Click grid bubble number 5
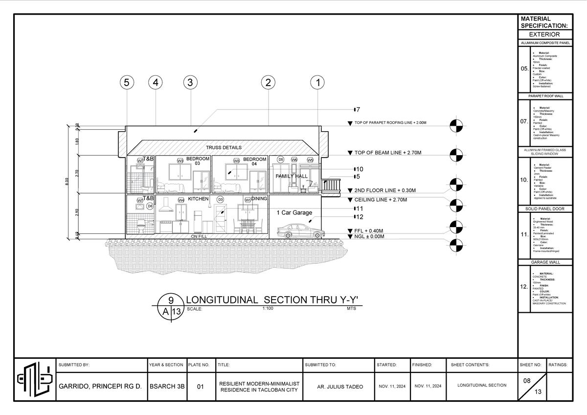click(127, 83)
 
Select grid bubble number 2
click(268, 83)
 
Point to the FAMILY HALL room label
click(292, 176)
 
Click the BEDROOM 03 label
click(198, 161)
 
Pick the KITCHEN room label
click(198, 199)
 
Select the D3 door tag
click(220, 200)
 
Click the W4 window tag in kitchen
click(181, 200)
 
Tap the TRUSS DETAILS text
click(224, 147)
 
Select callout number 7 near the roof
click(358, 109)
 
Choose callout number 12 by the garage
click(359, 217)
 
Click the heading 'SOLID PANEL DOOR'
click(544, 209)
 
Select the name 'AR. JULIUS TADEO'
click(340, 387)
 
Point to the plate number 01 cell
click(200, 387)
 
